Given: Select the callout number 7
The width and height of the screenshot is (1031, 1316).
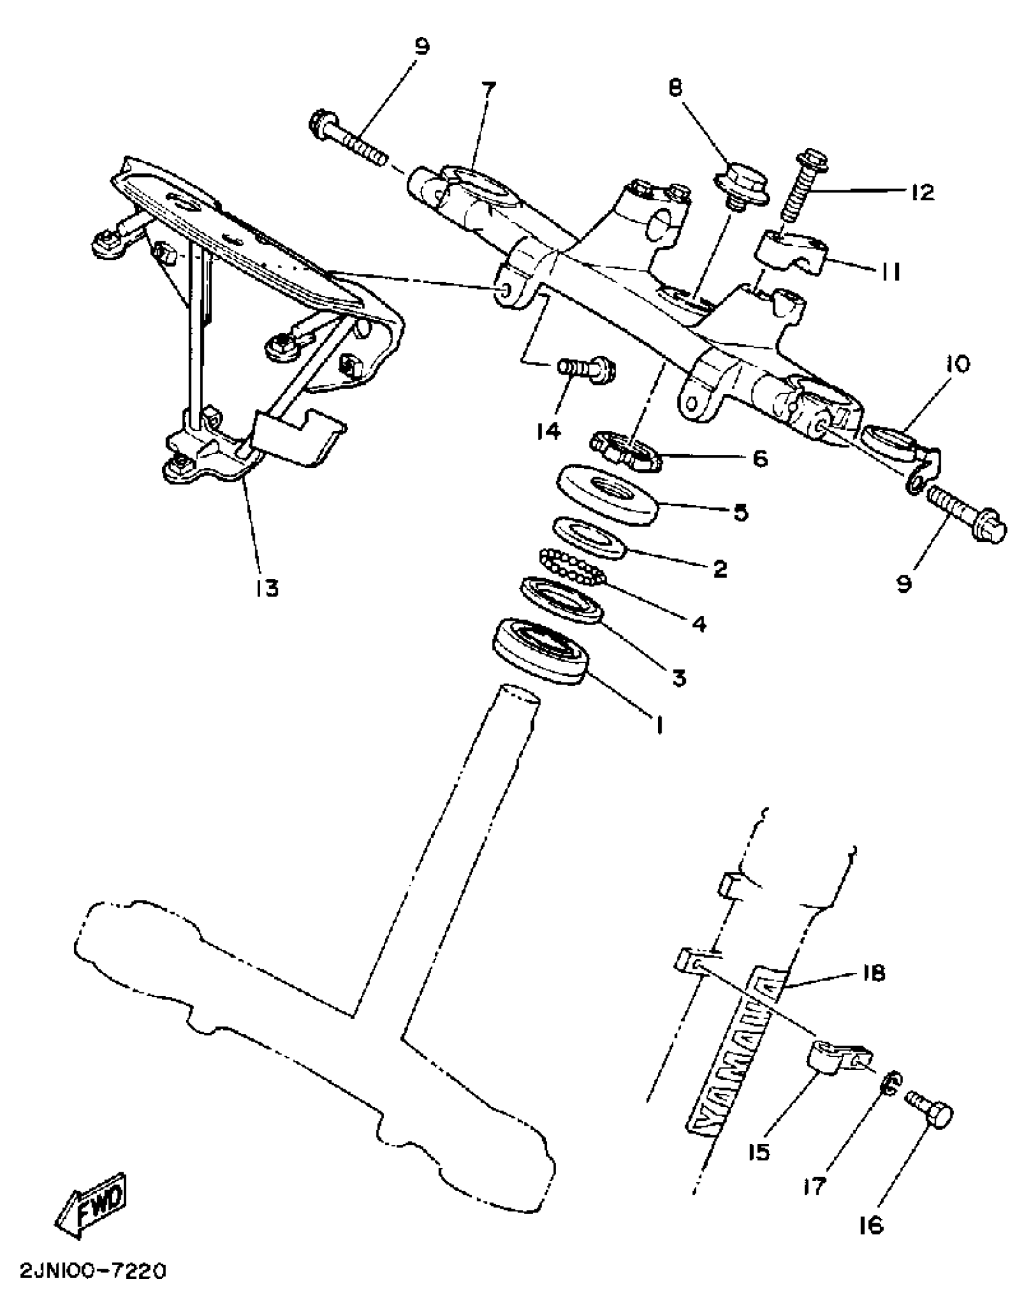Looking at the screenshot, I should coord(488,89).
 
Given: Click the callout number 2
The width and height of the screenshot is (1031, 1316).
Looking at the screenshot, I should coord(719,569).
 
